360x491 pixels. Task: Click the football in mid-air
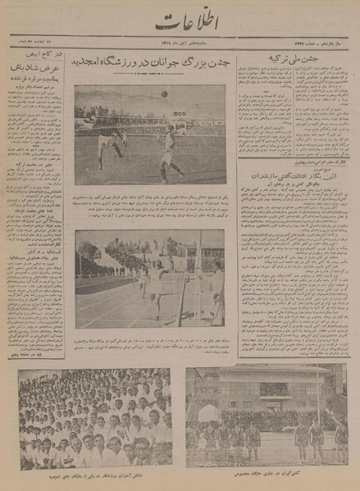164,93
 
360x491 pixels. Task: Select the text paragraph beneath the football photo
150,206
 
